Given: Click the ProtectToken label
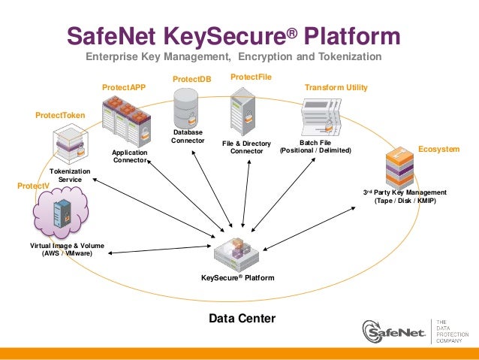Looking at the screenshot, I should point(61,115).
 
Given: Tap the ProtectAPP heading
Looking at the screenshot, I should point(124,88).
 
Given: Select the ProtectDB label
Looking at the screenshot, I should point(192,79).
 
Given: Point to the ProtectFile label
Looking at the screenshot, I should point(251,77).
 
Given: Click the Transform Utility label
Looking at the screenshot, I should point(336,88).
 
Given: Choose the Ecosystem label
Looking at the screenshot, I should point(438,150).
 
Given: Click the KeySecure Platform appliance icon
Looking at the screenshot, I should point(238,253).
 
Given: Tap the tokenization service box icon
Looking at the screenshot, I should point(71,144).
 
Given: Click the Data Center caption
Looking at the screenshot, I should point(242,319).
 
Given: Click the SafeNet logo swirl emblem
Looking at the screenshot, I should point(375,331).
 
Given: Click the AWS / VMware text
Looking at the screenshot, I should point(67,254).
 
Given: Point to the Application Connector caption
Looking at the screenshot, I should point(130,156).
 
